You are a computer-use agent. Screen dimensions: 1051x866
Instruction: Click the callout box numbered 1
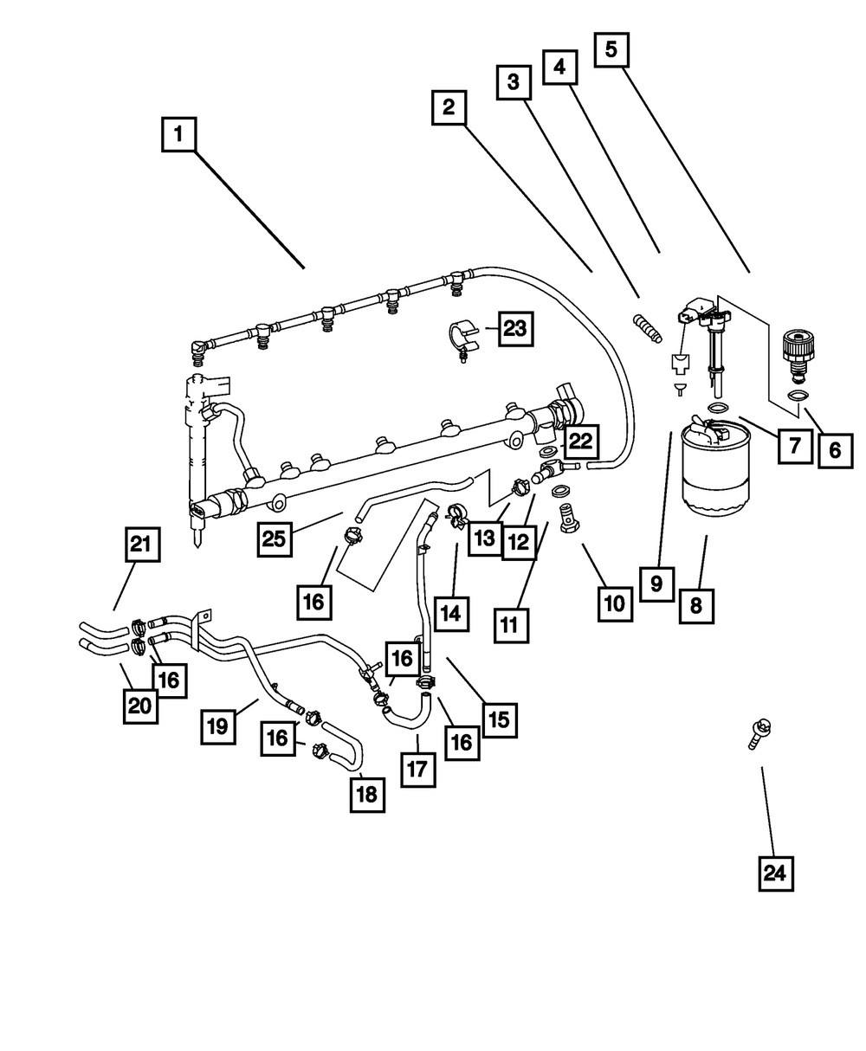click(179, 135)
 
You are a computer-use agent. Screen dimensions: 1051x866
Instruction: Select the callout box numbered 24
click(774, 873)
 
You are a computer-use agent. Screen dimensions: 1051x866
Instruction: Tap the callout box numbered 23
click(514, 328)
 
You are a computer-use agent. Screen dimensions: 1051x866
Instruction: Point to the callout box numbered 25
click(275, 538)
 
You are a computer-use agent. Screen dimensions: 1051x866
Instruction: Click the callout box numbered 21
click(140, 545)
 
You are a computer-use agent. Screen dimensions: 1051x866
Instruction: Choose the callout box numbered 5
click(611, 50)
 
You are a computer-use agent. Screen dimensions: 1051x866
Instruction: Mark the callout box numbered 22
click(579, 442)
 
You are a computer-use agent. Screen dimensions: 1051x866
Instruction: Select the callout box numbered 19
click(218, 725)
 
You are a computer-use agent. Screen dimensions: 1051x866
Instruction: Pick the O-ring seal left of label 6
click(798, 397)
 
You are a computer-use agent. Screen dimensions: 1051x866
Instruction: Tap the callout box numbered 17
click(417, 768)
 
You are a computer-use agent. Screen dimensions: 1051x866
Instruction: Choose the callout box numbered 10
click(614, 603)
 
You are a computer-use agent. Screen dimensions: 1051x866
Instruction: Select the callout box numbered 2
click(448, 108)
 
